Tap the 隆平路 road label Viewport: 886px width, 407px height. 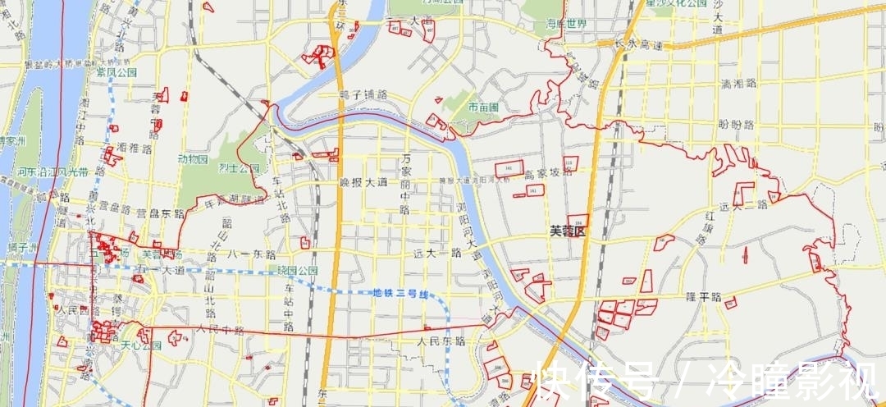point(703,297)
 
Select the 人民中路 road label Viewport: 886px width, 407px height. point(220,329)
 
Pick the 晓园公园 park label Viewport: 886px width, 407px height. point(297,270)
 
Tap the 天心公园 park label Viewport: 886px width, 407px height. point(141,345)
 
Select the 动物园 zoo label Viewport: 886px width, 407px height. point(193,158)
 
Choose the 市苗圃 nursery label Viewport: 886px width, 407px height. point(483,107)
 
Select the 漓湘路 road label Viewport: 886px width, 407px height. point(736,84)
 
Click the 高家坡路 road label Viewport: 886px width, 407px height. point(547,174)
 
